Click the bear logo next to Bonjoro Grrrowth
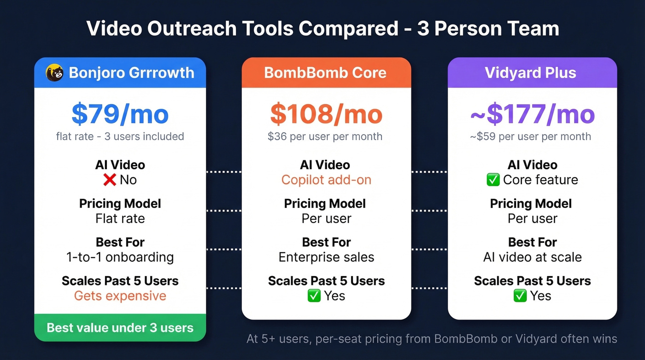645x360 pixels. coord(54,72)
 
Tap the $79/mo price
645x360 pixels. coord(120,114)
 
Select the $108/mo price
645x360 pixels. coord(326,114)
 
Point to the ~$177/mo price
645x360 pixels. coord(532,114)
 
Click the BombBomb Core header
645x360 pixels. coord(326,73)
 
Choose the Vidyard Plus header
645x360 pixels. coord(532,73)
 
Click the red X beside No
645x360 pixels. coord(109,180)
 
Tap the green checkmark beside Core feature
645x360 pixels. coord(493,180)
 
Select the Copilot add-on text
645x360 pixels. coord(326,180)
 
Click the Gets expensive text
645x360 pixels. coord(120,296)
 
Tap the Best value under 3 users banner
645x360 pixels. coord(120,328)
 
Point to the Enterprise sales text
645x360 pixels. coord(326,257)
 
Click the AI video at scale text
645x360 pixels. coord(532,257)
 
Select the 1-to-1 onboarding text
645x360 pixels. coord(120,257)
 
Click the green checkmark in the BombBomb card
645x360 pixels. coord(314,296)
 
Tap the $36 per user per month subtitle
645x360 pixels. coord(325,136)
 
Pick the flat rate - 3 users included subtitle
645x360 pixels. coord(120,136)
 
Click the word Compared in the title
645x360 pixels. coord(348,29)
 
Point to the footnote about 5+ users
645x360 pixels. coord(432,339)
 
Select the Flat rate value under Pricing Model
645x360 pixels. coord(120,218)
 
